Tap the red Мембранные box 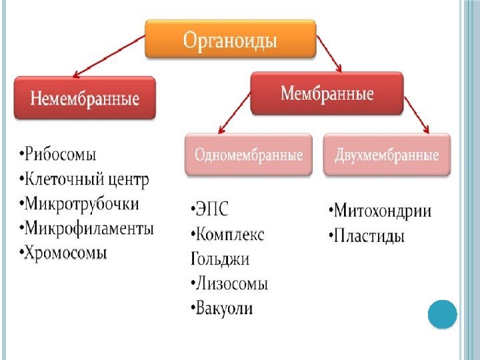click(327, 93)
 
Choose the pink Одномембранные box click(249, 155)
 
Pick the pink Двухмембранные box click(387, 155)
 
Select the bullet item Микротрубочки click(83, 204)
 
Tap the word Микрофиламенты click(89, 229)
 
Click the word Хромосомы click(67, 253)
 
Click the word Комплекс click(231, 235)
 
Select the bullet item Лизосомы click(229, 283)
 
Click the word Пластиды click(369, 237)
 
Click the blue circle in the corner click(441, 315)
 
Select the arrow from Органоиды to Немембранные click(110, 56)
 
